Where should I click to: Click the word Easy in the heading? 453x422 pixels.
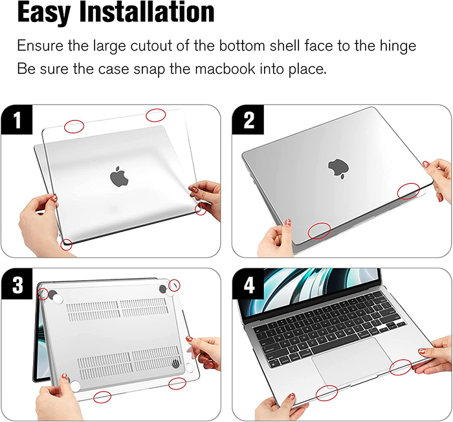[x=43, y=12]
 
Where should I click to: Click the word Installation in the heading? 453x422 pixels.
[x=147, y=12]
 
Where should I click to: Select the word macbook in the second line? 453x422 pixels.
[x=225, y=69]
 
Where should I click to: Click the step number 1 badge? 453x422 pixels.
[x=17, y=120]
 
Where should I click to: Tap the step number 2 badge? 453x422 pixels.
[x=248, y=120]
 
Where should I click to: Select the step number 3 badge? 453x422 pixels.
[x=17, y=284]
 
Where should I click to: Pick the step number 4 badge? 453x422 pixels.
[x=248, y=284]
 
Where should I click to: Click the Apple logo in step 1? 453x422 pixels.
[x=119, y=176]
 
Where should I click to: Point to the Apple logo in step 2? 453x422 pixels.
[x=338, y=168]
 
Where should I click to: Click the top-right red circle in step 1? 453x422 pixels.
[x=156, y=115]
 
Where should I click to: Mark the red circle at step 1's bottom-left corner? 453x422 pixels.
[x=67, y=245]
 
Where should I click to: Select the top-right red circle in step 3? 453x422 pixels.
[x=174, y=285]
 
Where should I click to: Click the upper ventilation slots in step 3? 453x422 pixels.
[x=118, y=309]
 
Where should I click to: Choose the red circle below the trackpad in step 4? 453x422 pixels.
[x=326, y=393]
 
